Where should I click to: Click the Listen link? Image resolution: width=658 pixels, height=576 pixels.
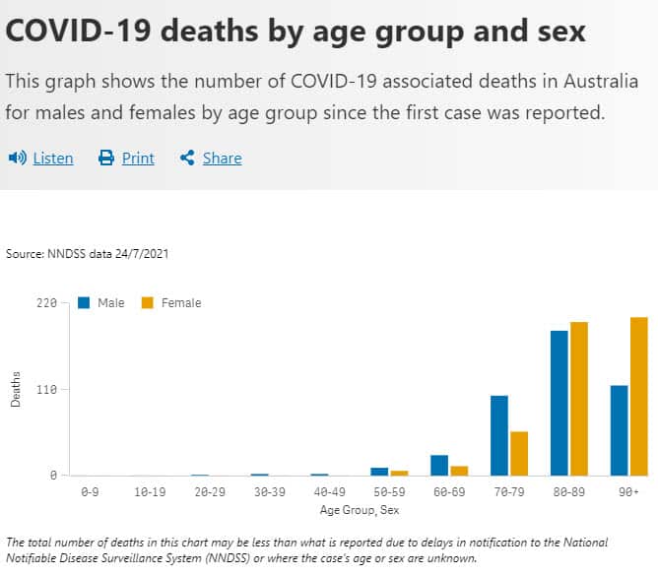53,158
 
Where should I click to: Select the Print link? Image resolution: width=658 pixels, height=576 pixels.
138,158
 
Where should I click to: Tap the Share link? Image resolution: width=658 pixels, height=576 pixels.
222,158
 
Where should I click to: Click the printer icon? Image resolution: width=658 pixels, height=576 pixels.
106,158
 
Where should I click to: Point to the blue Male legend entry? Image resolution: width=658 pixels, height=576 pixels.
102,303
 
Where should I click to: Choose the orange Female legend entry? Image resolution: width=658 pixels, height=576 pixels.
172,303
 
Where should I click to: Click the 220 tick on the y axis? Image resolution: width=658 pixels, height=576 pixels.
46,303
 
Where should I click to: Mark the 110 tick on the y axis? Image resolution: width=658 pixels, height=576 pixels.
46,390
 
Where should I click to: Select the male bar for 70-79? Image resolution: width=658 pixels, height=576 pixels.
499,435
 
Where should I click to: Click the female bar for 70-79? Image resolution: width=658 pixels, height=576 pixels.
519,453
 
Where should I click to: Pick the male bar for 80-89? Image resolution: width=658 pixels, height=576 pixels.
559,403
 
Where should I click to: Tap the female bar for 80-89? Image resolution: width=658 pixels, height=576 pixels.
579,399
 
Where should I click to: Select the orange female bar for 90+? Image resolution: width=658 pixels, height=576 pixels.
639,396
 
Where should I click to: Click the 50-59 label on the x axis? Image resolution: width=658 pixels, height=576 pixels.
389,490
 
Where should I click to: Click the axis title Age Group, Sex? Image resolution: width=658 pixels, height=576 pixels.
360,510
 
